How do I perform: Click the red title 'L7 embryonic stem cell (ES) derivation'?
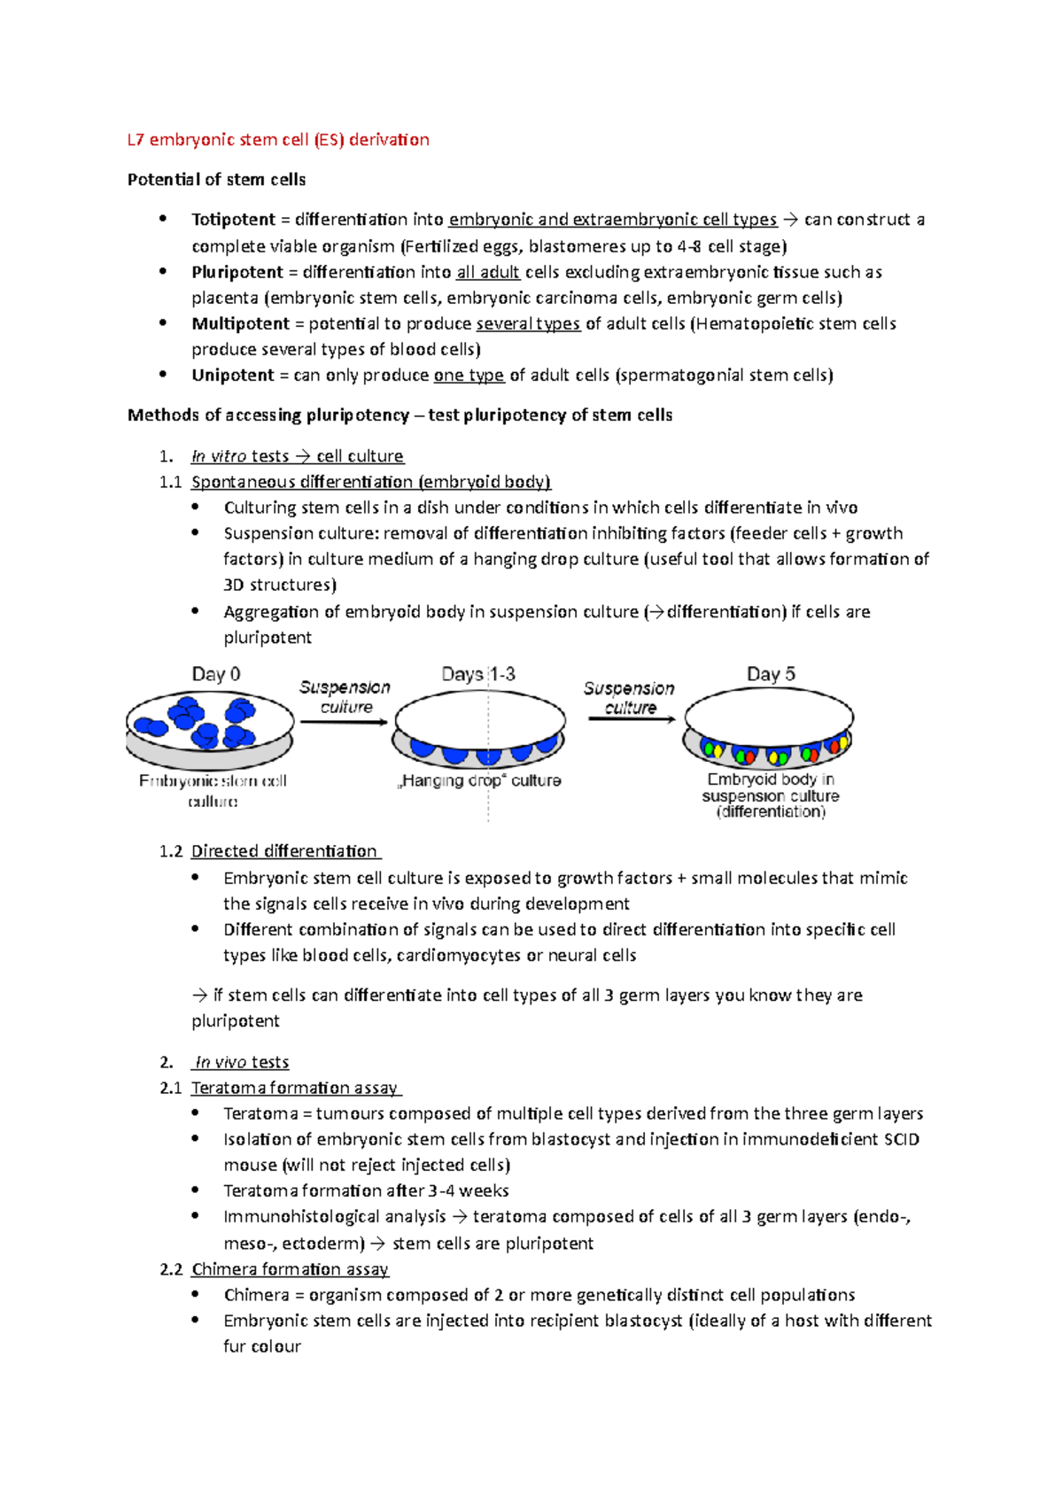point(278,140)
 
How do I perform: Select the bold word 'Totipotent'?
point(233,220)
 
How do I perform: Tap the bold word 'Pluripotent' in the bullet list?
point(237,272)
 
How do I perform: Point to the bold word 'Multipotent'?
point(240,323)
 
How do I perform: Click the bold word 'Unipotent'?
point(233,376)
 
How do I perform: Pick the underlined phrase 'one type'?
point(469,376)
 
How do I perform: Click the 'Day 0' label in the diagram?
point(216,674)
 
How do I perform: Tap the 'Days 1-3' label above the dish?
point(478,674)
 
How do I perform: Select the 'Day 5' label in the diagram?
point(771,674)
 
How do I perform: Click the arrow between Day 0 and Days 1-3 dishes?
point(344,722)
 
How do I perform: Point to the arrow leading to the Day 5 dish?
point(632,719)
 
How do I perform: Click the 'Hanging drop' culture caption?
point(479,780)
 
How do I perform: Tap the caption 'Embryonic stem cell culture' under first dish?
point(213,790)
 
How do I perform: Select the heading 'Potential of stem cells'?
point(216,180)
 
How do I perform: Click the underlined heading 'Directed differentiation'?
point(284,851)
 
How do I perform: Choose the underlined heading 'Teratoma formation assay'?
point(295,1088)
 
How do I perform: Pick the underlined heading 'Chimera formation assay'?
point(290,1269)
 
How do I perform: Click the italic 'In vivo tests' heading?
point(241,1062)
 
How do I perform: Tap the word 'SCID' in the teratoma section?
point(902,1139)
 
